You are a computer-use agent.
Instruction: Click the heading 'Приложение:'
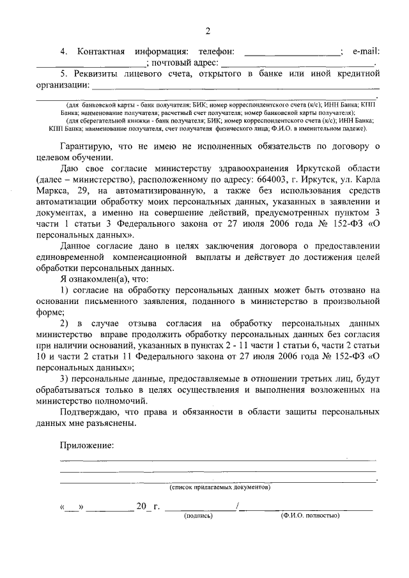click(x=87, y=445)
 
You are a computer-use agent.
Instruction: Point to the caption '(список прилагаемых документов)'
click(x=219, y=487)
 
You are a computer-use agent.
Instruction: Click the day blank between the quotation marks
click(x=72, y=509)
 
